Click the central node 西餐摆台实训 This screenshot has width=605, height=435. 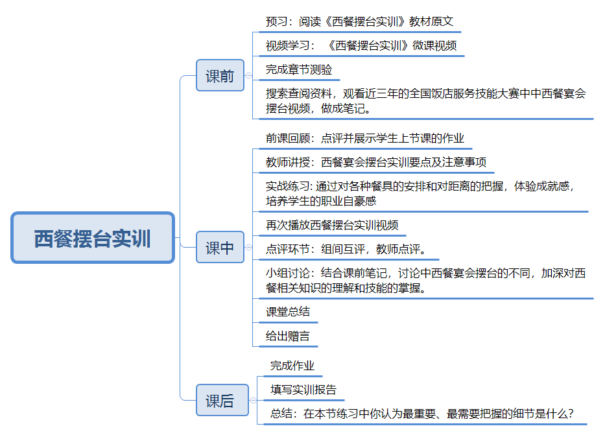tap(93, 238)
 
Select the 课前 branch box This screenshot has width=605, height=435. tap(220, 75)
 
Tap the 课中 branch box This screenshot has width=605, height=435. tap(220, 248)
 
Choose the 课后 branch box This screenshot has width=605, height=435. tap(220, 401)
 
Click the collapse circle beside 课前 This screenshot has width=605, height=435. tap(248, 75)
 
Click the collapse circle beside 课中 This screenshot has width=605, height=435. tap(248, 247)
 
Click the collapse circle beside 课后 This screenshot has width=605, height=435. tap(253, 401)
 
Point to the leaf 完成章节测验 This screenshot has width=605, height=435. tap(299, 69)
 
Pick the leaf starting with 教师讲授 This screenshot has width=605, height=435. tap(376, 162)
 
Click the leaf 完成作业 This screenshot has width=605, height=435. tap(292, 366)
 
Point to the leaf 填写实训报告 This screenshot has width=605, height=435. tap(303, 390)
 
